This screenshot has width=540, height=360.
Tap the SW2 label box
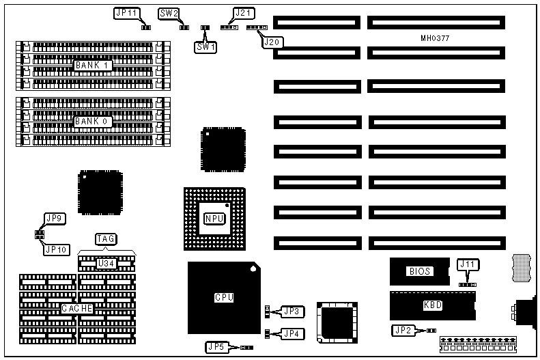169,14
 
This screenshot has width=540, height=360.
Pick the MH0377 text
434,39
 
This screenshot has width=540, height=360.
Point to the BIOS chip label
420,271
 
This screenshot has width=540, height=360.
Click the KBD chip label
433,306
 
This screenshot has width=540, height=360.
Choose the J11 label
467,264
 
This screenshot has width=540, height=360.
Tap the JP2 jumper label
402,331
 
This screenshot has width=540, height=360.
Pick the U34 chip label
106,263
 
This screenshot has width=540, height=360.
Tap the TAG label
106,239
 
